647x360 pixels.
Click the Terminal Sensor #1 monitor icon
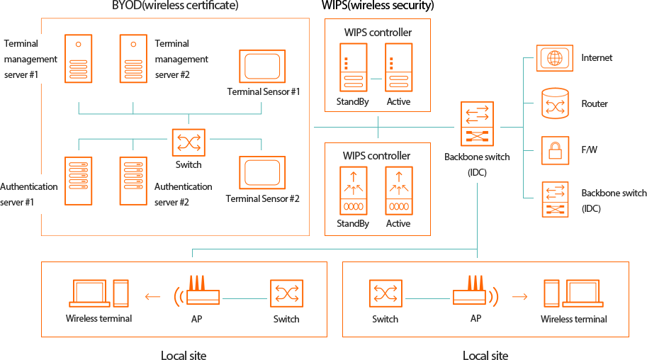pos(262,67)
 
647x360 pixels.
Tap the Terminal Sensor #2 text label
pos(262,198)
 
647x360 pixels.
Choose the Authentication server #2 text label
pos(183,193)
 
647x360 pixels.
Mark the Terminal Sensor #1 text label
pos(264,92)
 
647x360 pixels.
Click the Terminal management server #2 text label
pos(181,59)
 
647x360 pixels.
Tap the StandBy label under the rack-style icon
pos(353,102)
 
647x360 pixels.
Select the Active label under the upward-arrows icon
pos(398,223)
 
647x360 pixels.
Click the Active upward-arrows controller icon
pos(399,191)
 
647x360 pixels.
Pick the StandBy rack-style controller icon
pos(353,68)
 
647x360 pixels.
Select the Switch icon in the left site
pos(286,293)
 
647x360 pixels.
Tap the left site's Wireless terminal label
pos(99,319)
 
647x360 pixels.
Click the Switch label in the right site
pos(385,320)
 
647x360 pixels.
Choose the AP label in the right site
pos(476,319)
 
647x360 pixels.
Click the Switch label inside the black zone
pos(189,164)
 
